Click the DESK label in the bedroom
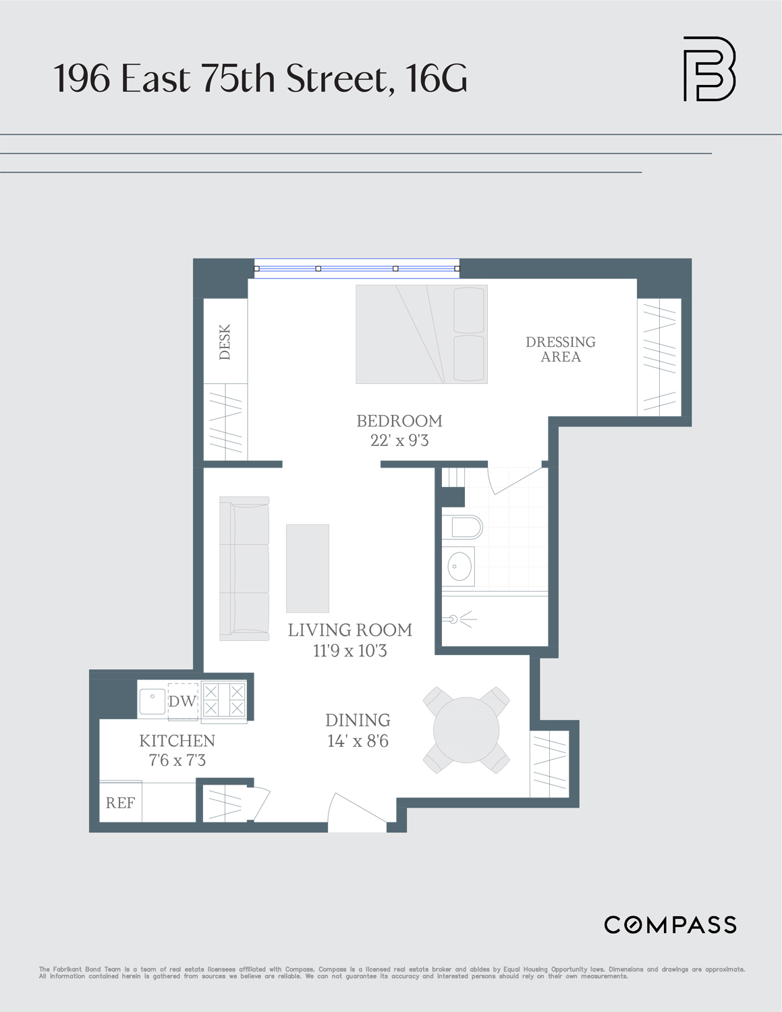[x=225, y=341]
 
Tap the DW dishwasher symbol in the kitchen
[x=182, y=702]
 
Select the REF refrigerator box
[x=121, y=803]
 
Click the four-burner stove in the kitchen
[x=224, y=700]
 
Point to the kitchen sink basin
[x=152, y=701]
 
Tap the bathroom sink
[x=459, y=566]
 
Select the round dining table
[x=466, y=730]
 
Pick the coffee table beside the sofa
[x=308, y=568]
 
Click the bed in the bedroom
[x=422, y=334]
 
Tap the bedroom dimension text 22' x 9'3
[x=399, y=441]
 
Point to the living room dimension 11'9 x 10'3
[x=350, y=651]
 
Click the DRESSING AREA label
[x=561, y=349]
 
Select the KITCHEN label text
[x=177, y=741]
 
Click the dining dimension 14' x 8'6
[x=358, y=741]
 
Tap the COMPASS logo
[x=670, y=925]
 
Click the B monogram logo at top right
[x=709, y=69]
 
